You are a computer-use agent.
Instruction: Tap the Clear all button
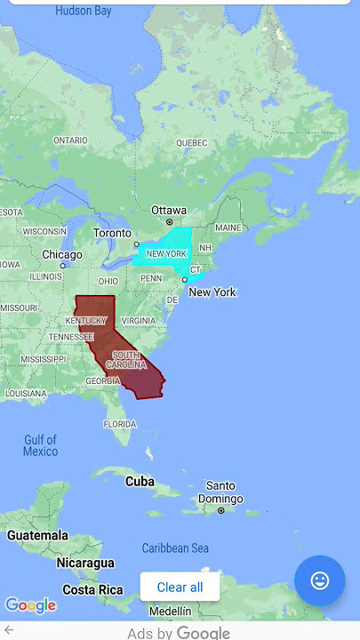tap(180, 587)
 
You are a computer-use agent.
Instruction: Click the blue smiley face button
tap(319, 580)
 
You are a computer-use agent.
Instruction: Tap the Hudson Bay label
tap(84, 12)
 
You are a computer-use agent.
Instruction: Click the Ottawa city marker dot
tap(169, 221)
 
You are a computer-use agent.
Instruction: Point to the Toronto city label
tap(112, 233)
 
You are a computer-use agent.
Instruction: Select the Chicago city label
tap(62, 254)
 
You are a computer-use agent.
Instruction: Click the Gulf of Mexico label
tap(40, 445)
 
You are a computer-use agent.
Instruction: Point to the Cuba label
tap(140, 481)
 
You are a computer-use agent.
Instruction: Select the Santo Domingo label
tap(220, 492)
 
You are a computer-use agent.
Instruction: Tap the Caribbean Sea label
tap(175, 548)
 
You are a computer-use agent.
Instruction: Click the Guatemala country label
tap(37, 535)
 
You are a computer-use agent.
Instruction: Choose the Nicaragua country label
tap(85, 563)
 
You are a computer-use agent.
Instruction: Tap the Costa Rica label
tap(92, 589)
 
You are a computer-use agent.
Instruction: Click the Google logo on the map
tap(30, 605)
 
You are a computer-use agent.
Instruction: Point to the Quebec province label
tap(191, 142)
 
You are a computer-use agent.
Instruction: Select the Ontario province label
tap(70, 140)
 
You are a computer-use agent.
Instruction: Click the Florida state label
tap(120, 424)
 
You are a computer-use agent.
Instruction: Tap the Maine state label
tap(228, 228)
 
